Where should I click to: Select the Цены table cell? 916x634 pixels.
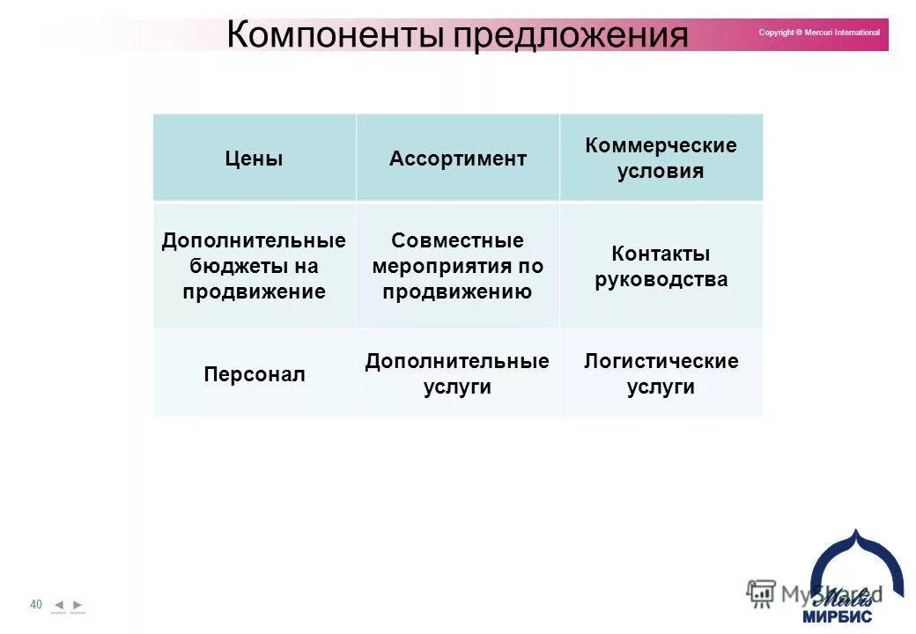pos(255,158)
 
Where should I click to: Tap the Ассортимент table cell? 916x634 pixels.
pos(458,158)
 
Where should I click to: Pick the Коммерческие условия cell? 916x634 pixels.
pos(661,158)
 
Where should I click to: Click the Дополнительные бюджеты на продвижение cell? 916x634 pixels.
pos(255,266)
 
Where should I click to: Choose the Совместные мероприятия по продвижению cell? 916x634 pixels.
pos(458,266)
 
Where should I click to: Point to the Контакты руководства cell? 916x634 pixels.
pos(661,266)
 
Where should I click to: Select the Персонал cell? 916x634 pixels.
pos(255,374)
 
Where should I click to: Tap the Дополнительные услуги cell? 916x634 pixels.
pos(458,373)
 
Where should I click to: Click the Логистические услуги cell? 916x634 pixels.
pos(661,373)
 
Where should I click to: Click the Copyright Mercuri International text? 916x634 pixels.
pos(819,33)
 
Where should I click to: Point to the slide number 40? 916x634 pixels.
pos(36,605)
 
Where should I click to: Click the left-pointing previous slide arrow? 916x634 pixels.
pos(59,605)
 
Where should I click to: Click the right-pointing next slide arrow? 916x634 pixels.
pos(78,605)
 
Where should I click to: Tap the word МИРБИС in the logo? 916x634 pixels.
pos(837,616)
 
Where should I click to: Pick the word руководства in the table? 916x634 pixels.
pos(661,280)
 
